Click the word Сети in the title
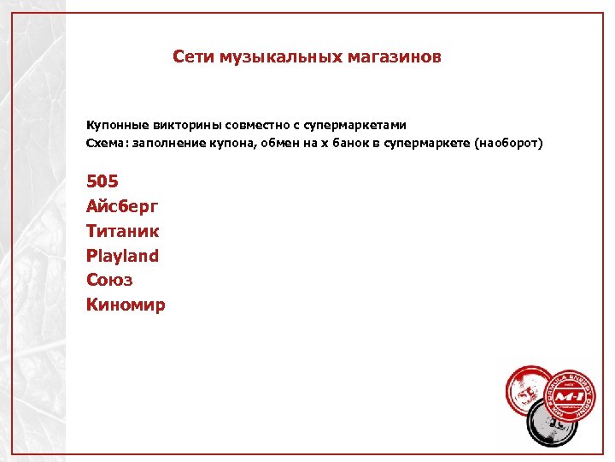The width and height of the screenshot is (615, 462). coord(193,57)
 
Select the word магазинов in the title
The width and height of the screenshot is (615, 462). coord(395,57)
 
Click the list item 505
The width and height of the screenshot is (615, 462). coord(102,181)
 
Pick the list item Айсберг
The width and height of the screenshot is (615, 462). coord(122,206)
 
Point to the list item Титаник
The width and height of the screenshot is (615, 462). coord(123,231)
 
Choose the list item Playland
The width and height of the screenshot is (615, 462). coord(122,256)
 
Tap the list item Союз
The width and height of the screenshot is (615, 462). coord(109,280)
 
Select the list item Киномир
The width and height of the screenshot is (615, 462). coord(126,305)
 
